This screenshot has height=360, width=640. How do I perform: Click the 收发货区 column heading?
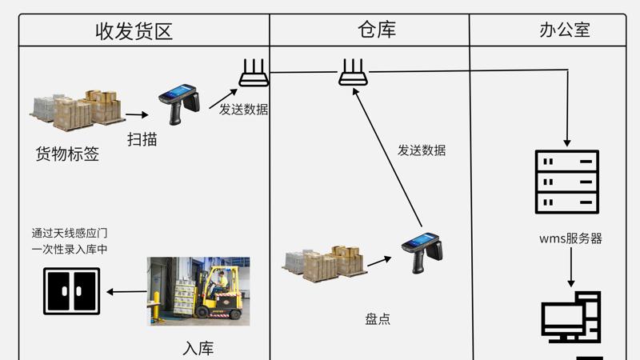tap(134, 31)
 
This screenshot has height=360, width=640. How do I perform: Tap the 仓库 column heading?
tap(377, 30)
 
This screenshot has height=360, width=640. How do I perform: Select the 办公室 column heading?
tap(565, 30)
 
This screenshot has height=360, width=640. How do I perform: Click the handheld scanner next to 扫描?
tap(178, 100)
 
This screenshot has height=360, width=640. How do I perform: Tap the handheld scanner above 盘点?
tap(422, 250)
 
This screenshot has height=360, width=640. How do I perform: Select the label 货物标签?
tap(67, 154)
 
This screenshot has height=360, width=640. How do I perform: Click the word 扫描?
tap(142, 139)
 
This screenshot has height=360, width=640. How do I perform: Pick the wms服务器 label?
tap(570, 238)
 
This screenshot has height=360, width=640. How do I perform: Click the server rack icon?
tap(566, 182)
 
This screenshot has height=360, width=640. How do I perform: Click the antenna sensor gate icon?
tap(72, 291)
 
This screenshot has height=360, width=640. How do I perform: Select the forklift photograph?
tap(198, 290)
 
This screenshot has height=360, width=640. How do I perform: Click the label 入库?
tap(198, 349)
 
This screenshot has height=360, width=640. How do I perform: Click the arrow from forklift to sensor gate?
tap(126, 292)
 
